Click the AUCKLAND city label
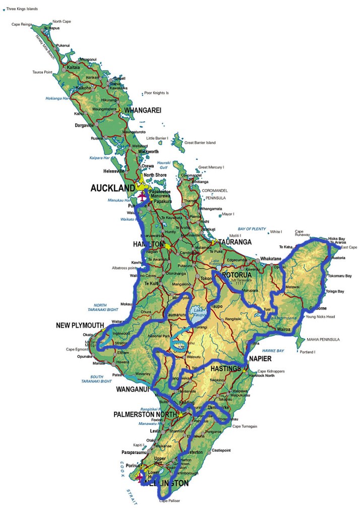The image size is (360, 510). tap(112, 188)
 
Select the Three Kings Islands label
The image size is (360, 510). tap(22, 9)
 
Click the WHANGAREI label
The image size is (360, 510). tap(143, 110)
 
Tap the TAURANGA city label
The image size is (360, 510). tap(234, 242)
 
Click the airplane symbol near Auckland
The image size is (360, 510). tap(143, 197)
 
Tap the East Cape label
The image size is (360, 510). tap(349, 247)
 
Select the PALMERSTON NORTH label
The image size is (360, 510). tap(145, 415)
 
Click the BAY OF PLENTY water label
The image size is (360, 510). tap(252, 229)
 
